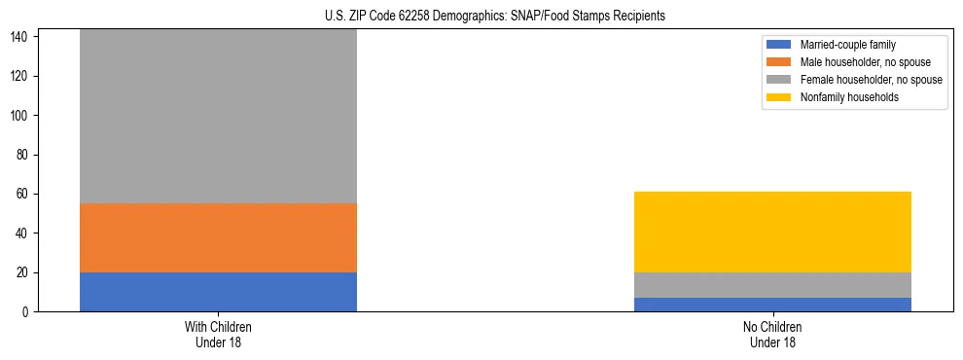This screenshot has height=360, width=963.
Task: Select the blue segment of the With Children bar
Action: [218, 292]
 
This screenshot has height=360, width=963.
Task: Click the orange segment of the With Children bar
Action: [218, 237]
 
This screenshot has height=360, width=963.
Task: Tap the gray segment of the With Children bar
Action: [218, 117]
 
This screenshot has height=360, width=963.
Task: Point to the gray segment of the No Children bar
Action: [772, 285]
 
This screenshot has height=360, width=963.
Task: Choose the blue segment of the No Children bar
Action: [772, 305]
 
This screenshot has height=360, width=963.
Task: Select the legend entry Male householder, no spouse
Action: [855, 62]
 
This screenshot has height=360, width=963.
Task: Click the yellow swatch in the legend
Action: [780, 97]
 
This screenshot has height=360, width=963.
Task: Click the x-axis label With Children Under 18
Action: [218, 335]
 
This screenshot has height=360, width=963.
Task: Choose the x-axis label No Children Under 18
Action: [772, 335]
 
